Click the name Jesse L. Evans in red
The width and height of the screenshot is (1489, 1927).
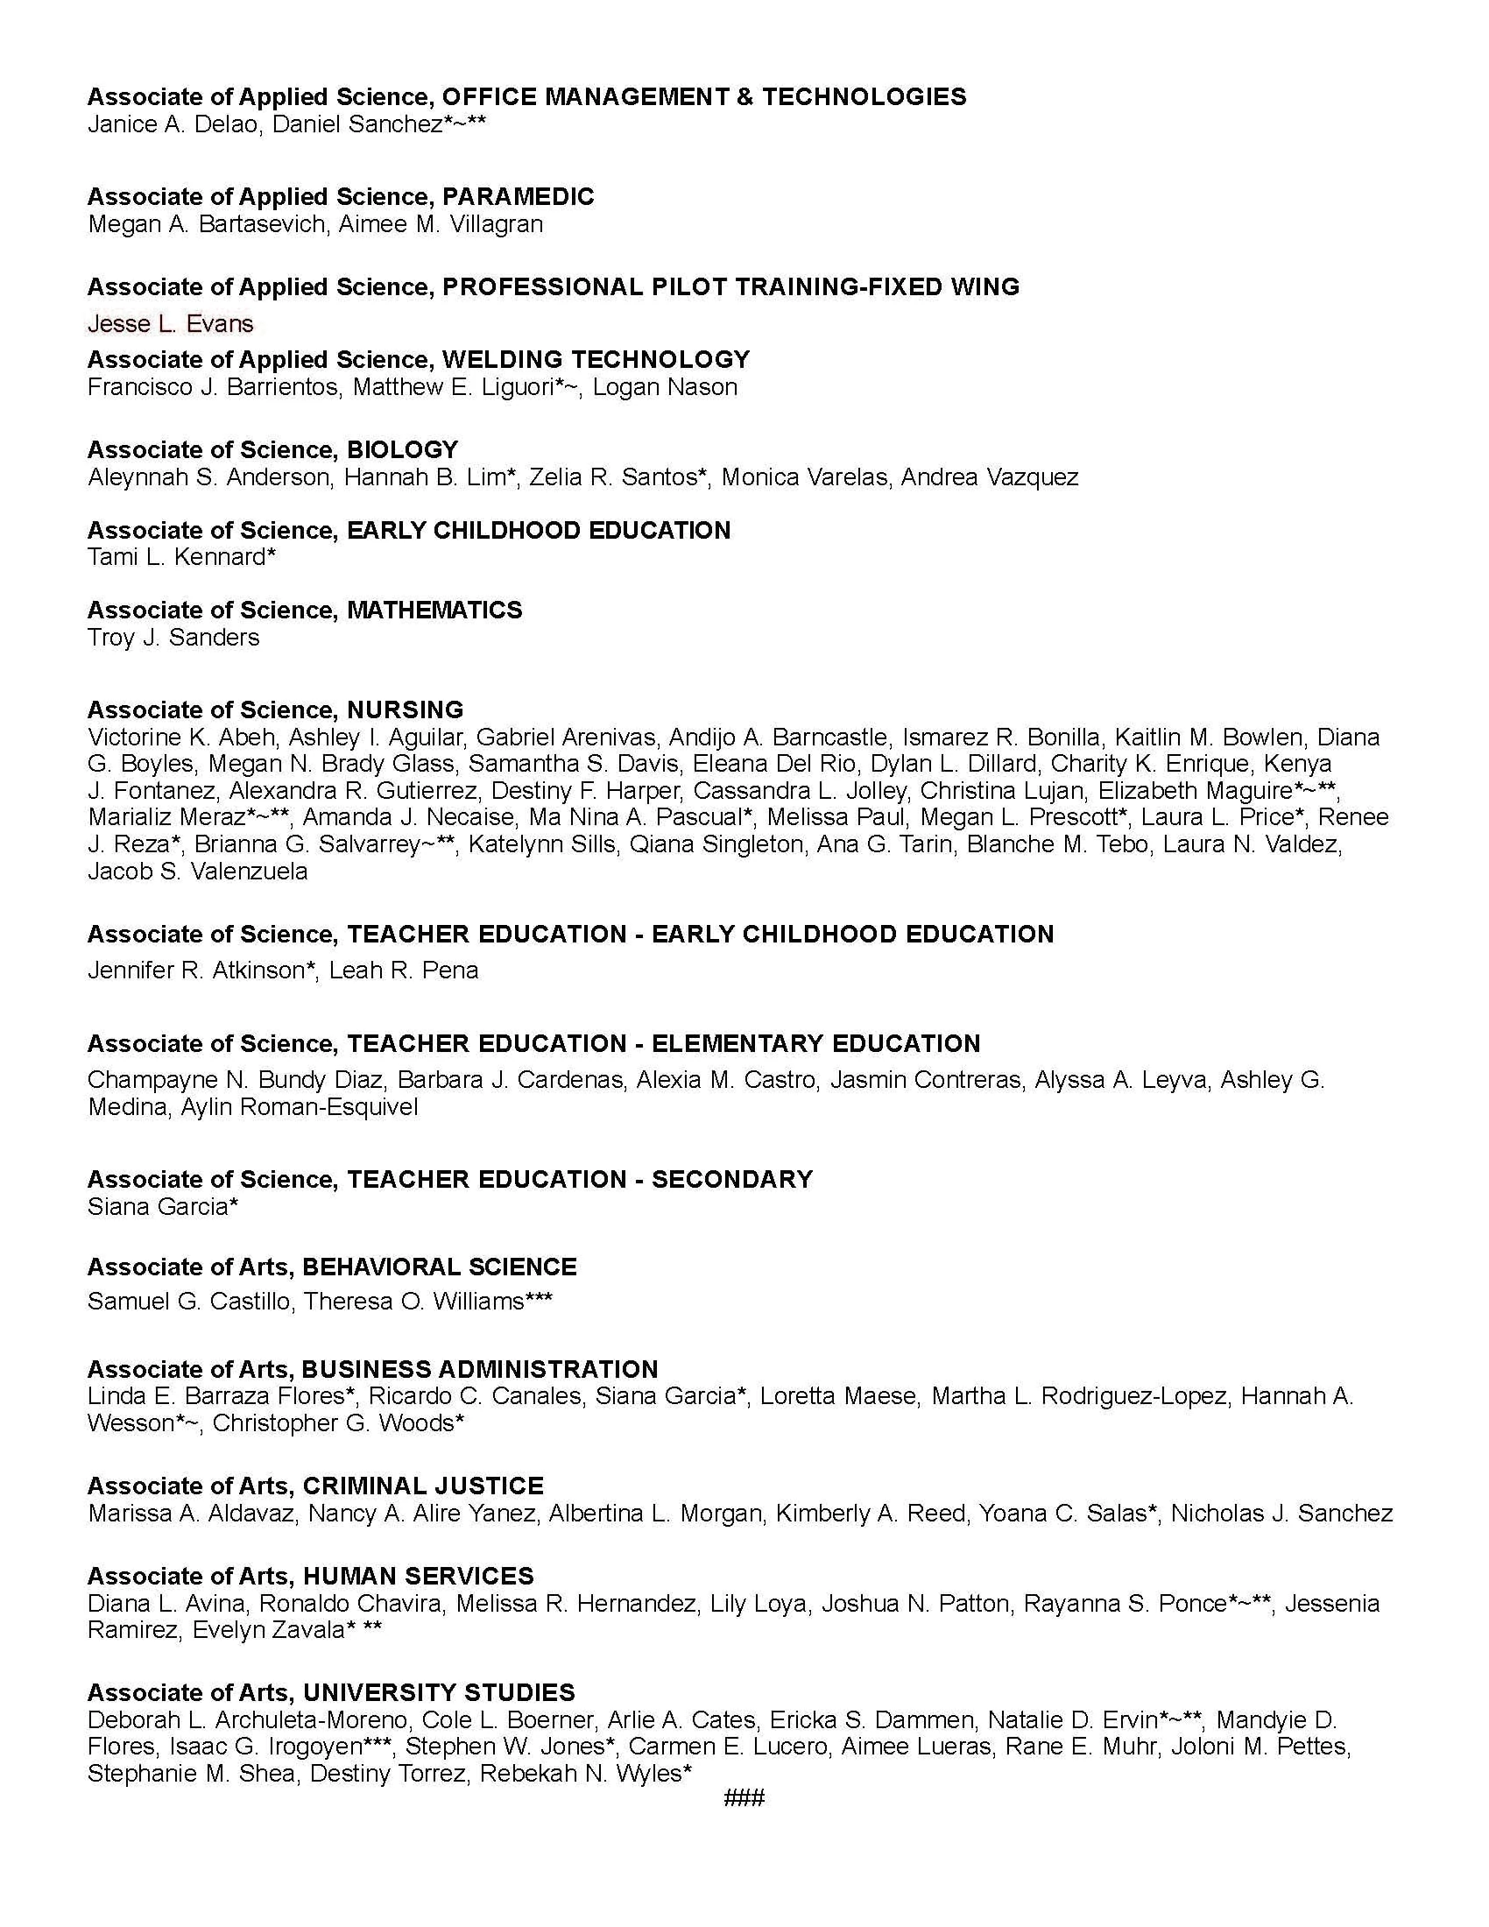(170, 324)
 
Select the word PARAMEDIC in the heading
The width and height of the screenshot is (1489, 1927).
(518, 196)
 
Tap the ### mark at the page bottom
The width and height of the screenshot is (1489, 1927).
(744, 1797)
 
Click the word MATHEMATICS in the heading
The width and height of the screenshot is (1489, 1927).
(434, 610)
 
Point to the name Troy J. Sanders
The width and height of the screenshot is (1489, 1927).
(173, 637)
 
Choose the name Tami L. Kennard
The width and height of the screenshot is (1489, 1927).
(177, 557)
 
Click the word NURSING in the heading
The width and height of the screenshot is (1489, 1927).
(405, 709)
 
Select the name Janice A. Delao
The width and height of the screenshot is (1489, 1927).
(173, 124)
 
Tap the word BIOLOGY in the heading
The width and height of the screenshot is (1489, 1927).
(402, 449)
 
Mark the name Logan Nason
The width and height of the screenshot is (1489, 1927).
(664, 386)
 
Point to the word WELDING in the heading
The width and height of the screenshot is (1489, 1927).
(503, 359)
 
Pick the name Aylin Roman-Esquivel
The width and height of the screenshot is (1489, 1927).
(299, 1106)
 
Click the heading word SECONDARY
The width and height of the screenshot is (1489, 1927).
(732, 1179)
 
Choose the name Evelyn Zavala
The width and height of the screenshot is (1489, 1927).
(267, 1630)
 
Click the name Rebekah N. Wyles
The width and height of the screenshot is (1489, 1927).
(580, 1773)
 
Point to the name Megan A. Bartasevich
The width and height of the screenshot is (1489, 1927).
(208, 224)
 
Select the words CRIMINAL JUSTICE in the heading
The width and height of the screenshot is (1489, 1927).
(422, 1485)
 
